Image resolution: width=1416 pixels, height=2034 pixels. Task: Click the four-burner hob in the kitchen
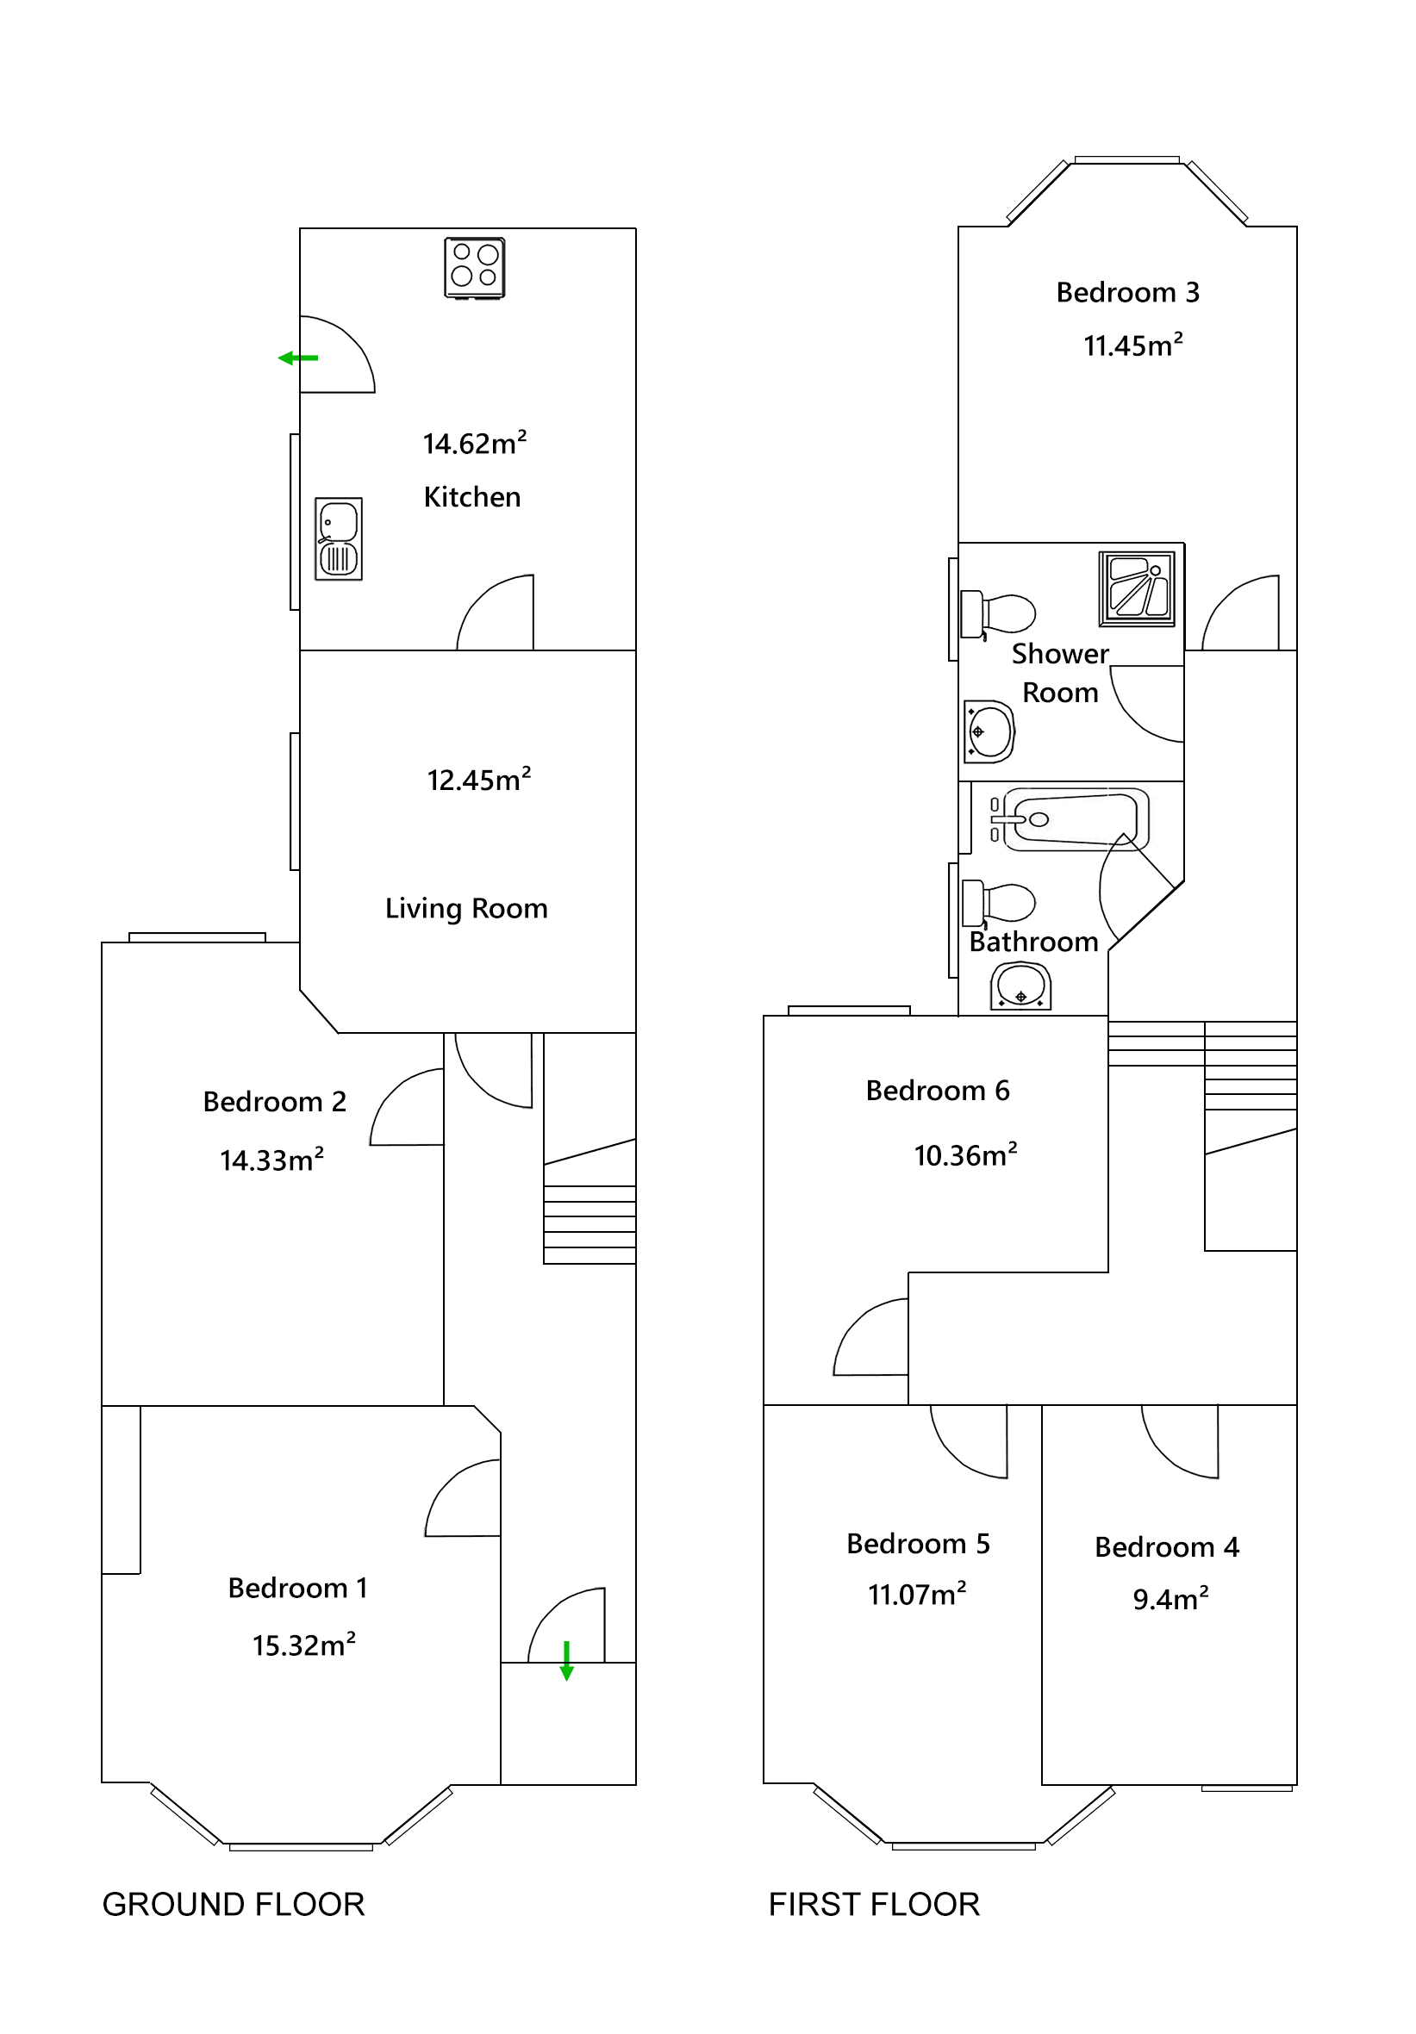click(x=474, y=268)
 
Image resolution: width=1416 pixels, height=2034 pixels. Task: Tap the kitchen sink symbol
click(x=339, y=538)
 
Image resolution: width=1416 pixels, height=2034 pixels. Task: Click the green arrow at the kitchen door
click(x=297, y=358)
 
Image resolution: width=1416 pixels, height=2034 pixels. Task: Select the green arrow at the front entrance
click(x=566, y=1660)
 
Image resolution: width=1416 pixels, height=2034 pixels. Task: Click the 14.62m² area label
click(x=474, y=443)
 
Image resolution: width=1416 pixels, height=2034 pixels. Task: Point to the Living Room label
click(x=466, y=909)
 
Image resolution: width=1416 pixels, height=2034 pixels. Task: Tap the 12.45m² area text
click(x=478, y=780)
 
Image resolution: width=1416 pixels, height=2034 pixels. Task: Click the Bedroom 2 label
click(x=274, y=1101)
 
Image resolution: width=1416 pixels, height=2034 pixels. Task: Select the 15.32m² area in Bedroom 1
click(x=304, y=1645)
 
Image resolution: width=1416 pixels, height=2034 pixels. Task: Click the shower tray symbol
click(x=1137, y=589)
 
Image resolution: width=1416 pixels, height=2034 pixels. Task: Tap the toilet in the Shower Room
click(x=999, y=614)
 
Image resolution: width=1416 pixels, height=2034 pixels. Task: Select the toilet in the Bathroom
click(x=1000, y=903)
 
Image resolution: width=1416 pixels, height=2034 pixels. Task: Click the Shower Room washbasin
click(x=989, y=731)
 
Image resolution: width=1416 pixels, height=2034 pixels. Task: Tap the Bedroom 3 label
click(x=1127, y=292)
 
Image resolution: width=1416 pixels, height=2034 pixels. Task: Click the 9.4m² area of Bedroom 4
click(x=1170, y=1599)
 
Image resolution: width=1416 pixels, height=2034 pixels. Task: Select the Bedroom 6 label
click(x=938, y=1091)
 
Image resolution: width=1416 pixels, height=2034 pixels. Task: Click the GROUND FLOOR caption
click(x=233, y=1904)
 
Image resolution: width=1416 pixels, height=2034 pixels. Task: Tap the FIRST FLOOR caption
click(x=874, y=1904)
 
